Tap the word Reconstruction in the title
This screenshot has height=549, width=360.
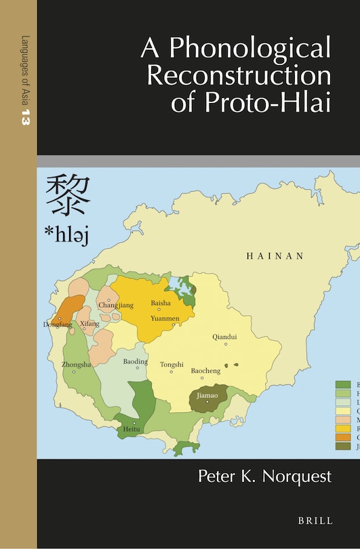click(239, 76)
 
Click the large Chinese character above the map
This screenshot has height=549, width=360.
click(68, 196)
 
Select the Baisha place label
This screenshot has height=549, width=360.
click(161, 302)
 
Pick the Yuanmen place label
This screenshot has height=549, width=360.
click(165, 318)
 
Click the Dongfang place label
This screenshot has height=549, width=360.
click(57, 325)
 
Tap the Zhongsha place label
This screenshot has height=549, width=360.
click(76, 365)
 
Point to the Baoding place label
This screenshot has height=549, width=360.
click(135, 362)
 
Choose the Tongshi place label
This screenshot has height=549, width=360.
click(172, 365)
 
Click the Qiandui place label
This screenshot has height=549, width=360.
click(225, 336)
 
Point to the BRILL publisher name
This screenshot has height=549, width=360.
click(315, 521)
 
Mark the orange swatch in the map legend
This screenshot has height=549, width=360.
click(342, 438)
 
